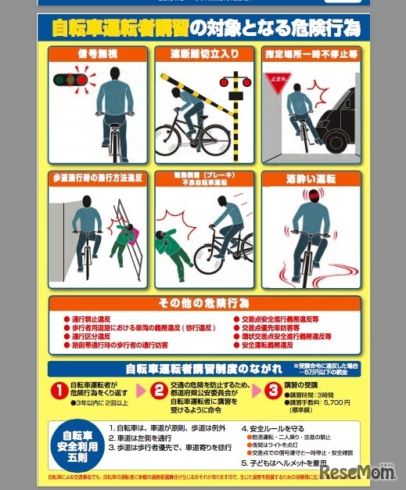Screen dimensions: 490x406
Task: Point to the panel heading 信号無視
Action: click(x=97, y=55)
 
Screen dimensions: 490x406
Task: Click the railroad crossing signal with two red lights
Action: click(x=232, y=81)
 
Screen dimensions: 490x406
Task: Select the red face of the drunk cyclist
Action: click(x=315, y=196)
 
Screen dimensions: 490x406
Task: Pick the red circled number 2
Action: click(x=159, y=390)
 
